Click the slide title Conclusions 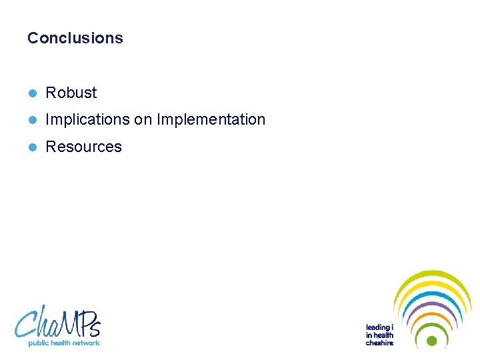pos(75,38)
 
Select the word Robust pos(71,93)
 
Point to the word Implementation pos(211,120)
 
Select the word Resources pos(83,147)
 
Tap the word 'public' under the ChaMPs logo pos(38,343)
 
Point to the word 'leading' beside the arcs pos(378,327)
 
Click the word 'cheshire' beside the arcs pos(379,343)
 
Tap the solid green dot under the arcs pos(431,341)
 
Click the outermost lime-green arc pos(432,274)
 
